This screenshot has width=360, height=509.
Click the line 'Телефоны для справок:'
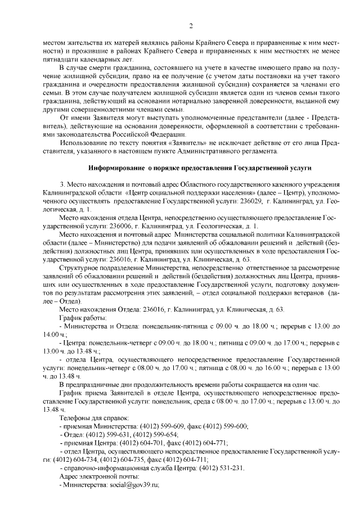pos(94,418)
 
